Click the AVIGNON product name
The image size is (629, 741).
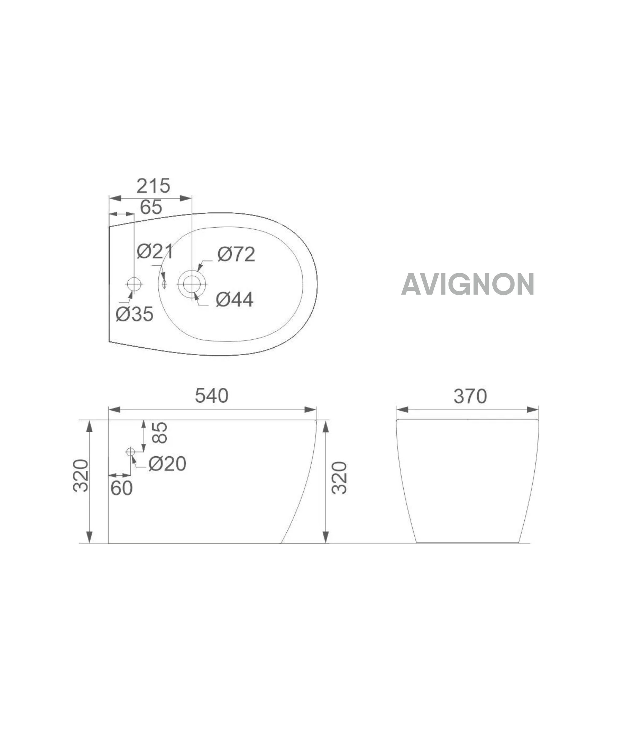(468, 284)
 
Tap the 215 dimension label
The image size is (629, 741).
(153, 186)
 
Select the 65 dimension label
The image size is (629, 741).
(151, 207)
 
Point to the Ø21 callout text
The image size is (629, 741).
(155, 252)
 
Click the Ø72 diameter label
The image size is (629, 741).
(236, 254)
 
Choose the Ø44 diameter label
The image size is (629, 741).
(234, 299)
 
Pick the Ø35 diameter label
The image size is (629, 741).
(134, 314)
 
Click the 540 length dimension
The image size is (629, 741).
(212, 396)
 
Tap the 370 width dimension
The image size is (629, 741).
(470, 396)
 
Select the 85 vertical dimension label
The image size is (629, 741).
(159, 433)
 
